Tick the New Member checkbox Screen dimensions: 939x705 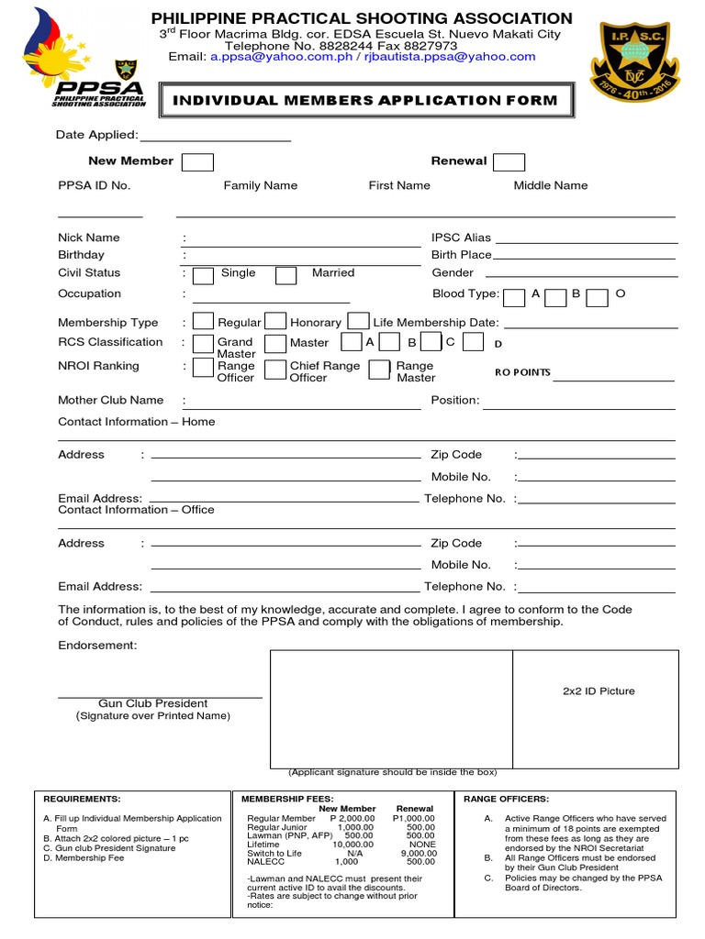(197, 162)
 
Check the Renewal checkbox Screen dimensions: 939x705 (509, 162)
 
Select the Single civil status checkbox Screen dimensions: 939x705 (204, 275)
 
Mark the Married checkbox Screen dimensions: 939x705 (286, 275)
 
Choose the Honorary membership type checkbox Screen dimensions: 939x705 (274, 322)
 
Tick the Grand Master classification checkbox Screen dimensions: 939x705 (203, 344)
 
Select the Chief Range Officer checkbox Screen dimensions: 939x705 (274, 370)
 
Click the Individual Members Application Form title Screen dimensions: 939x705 (366, 100)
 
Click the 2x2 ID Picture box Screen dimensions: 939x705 (598, 691)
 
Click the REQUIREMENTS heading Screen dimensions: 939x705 (82, 799)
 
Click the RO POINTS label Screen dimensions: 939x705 (522, 372)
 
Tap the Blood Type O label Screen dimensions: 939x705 (620, 293)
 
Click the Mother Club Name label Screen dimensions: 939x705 (110, 400)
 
